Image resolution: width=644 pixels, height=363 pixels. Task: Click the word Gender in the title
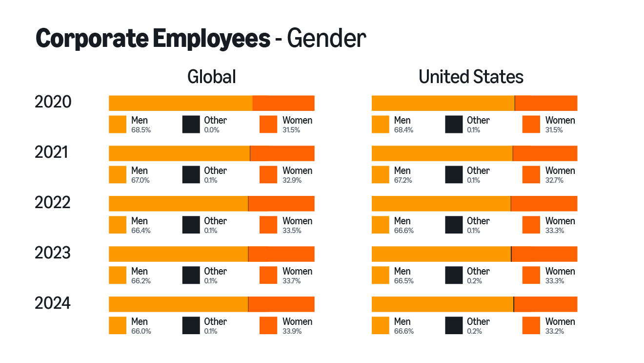point(326,39)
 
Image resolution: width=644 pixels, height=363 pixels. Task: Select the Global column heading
point(211,77)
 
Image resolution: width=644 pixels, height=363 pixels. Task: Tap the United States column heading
point(471,77)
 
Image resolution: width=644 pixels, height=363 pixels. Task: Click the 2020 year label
point(53,102)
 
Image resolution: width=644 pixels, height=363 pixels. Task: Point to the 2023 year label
point(53,253)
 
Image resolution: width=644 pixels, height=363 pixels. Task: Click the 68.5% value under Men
point(141,130)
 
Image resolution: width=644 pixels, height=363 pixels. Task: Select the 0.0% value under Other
point(212,130)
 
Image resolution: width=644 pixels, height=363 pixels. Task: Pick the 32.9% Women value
point(292,180)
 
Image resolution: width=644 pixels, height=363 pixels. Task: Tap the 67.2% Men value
point(403,180)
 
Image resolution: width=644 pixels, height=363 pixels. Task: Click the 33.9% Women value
point(292,331)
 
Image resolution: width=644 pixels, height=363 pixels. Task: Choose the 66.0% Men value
point(141,331)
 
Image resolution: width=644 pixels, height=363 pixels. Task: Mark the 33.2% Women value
point(555,331)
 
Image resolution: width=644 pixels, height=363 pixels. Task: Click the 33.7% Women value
point(292,281)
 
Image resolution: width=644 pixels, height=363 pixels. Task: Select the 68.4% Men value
point(403,130)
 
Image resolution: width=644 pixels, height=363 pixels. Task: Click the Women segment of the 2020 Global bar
point(283,103)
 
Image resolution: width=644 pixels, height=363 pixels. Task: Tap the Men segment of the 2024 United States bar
point(442,304)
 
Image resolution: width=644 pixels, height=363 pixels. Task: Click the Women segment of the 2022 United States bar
point(544,203)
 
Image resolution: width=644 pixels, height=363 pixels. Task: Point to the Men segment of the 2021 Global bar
point(179,153)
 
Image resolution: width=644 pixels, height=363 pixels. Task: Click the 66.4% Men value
point(141,231)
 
